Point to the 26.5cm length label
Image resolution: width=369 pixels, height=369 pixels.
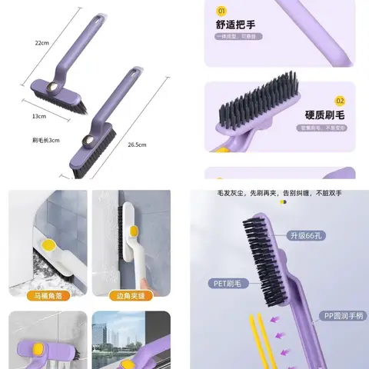(x=137, y=144)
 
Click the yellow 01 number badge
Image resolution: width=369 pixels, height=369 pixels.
(x=222, y=12)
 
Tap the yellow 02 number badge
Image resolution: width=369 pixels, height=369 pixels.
(x=341, y=101)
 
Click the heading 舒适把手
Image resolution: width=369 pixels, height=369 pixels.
(x=234, y=25)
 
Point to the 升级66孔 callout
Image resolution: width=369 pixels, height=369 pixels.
(x=304, y=234)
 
